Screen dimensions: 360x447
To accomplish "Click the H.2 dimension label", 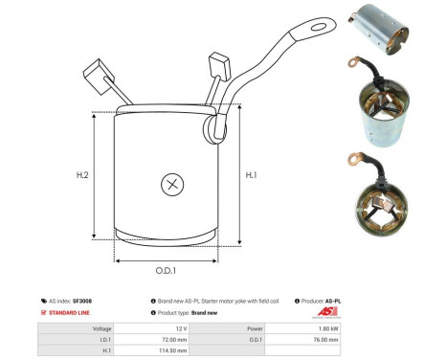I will tap(82, 176).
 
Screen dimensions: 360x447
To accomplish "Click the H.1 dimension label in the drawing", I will tap(252, 174).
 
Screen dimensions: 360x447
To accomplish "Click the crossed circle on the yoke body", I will tap(172, 184).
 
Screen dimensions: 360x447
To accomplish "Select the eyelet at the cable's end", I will tap(325, 23).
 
